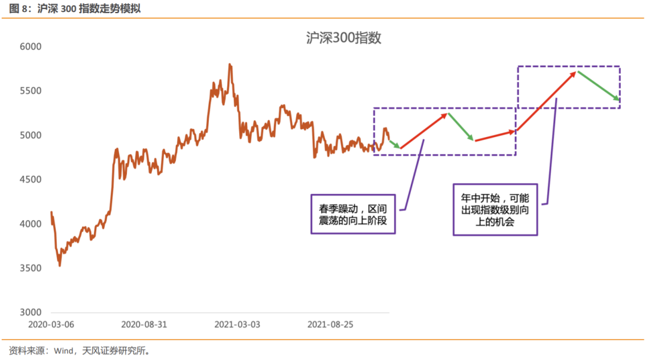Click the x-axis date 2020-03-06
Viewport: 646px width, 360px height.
tap(51, 325)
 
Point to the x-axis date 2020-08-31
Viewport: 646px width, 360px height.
tap(144, 325)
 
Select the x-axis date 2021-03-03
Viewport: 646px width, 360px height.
tap(237, 325)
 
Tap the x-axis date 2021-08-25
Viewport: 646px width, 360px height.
tap(330, 325)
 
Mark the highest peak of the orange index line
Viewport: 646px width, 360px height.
tap(230, 64)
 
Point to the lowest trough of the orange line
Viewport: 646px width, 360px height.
tap(59, 265)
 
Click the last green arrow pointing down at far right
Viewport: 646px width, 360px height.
tap(599, 86)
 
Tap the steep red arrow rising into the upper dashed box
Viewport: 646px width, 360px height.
tap(547, 100)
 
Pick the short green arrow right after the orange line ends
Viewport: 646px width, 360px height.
tap(394, 144)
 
